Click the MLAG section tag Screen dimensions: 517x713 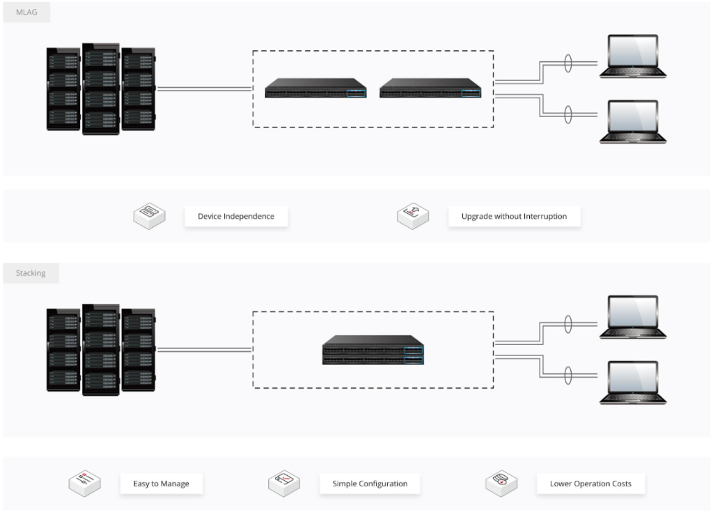click(26, 12)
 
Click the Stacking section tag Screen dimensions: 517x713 click(31, 273)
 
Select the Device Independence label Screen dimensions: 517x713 click(235, 216)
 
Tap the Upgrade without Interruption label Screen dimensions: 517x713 click(514, 216)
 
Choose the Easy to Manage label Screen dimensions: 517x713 click(161, 484)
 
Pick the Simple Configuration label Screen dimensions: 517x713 click(370, 484)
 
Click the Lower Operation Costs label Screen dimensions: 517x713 click(590, 484)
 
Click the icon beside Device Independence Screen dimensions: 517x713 click(150, 215)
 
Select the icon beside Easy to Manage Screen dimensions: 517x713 click(84, 482)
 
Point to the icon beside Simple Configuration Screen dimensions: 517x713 click(284, 482)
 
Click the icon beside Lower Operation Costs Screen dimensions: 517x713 click(501, 482)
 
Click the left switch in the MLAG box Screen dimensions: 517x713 click(315, 88)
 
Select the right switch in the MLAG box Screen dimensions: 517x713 click(430, 88)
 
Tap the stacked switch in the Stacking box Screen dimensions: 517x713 click(373, 350)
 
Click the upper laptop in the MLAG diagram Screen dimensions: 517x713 click(633, 56)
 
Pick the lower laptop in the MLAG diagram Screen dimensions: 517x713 click(633, 122)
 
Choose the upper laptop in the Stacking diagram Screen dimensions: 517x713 click(633, 317)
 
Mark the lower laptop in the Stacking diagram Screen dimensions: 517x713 click(633, 383)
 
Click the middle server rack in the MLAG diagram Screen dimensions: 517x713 click(101, 88)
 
